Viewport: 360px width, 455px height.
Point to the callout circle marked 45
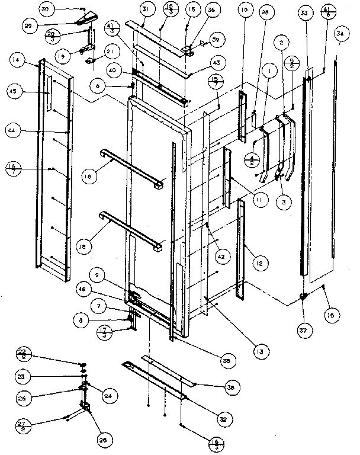coord(17,92)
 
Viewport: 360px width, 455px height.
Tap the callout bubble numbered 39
coord(214,40)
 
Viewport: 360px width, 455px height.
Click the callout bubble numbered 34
coord(340,34)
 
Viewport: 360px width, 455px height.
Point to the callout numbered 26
coord(104,440)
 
